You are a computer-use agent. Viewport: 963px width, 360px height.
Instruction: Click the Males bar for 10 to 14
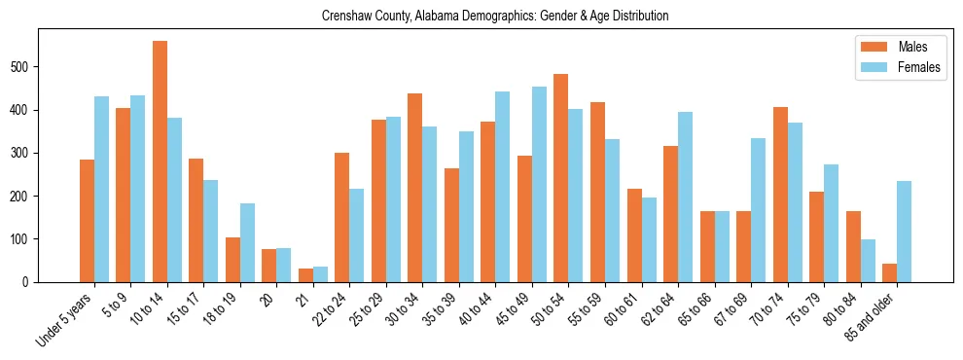click(160, 162)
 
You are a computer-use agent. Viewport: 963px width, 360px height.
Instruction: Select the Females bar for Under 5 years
click(101, 189)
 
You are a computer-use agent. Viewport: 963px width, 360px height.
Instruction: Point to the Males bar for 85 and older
click(889, 272)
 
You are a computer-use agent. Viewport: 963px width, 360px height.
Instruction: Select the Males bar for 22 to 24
click(342, 217)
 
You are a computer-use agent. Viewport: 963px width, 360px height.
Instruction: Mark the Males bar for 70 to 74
click(780, 195)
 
